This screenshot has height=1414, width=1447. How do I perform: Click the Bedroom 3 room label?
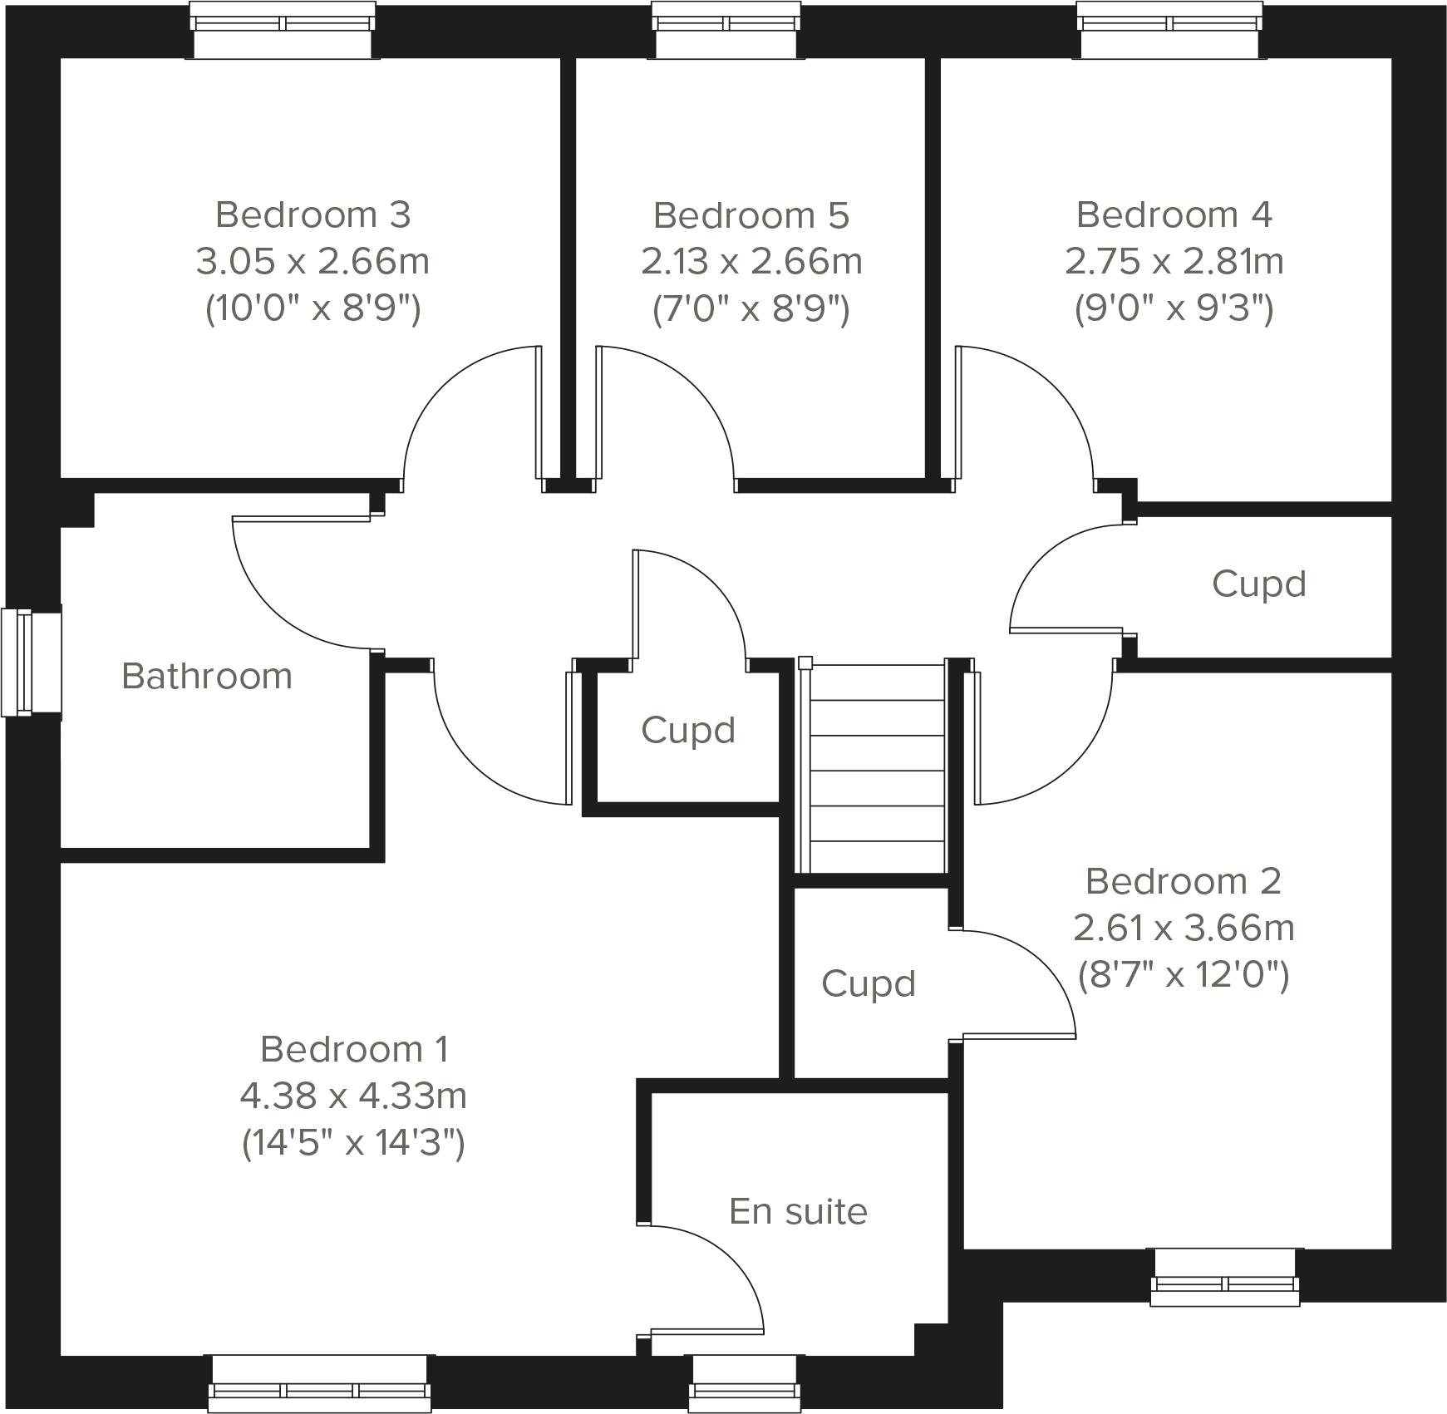[x=313, y=214]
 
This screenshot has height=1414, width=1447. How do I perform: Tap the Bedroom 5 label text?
[x=751, y=215]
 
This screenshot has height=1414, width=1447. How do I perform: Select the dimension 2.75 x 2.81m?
[x=1174, y=262]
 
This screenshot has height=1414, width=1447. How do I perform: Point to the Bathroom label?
[x=207, y=676]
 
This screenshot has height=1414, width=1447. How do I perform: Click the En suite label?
[x=798, y=1211]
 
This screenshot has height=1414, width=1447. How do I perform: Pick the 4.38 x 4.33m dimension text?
[x=353, y=1096]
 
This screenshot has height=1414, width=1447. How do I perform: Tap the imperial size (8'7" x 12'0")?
[x=1183, y=973]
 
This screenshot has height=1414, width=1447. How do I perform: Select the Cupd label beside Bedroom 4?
[x=1258, y=584]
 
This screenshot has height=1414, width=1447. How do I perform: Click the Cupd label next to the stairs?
[x=688, y=730]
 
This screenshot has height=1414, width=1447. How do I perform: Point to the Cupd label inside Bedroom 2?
[x=868, y=983]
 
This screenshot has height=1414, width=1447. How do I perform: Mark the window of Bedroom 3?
[x=282, y=30]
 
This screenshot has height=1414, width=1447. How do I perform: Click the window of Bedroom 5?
[x=728, y=30]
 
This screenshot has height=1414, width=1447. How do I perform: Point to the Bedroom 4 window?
[x=1172, y=30]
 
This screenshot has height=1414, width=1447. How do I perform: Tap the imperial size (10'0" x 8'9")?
[x=313, y=308]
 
